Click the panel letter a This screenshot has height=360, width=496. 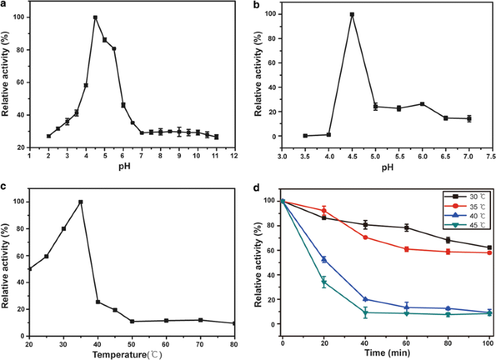(x=4, y=5)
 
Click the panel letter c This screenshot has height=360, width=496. (x=4, y=187)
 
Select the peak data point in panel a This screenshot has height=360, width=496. (x=95, y=17)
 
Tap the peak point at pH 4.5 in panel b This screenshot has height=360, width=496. (x=352, y=14)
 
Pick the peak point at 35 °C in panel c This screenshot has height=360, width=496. (x=80, y=202)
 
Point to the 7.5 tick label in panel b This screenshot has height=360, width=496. (x=489, y=156)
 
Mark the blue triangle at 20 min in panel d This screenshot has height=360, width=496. (x=324, y=259)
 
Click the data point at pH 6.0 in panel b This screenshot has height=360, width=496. (x=421, y=104)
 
